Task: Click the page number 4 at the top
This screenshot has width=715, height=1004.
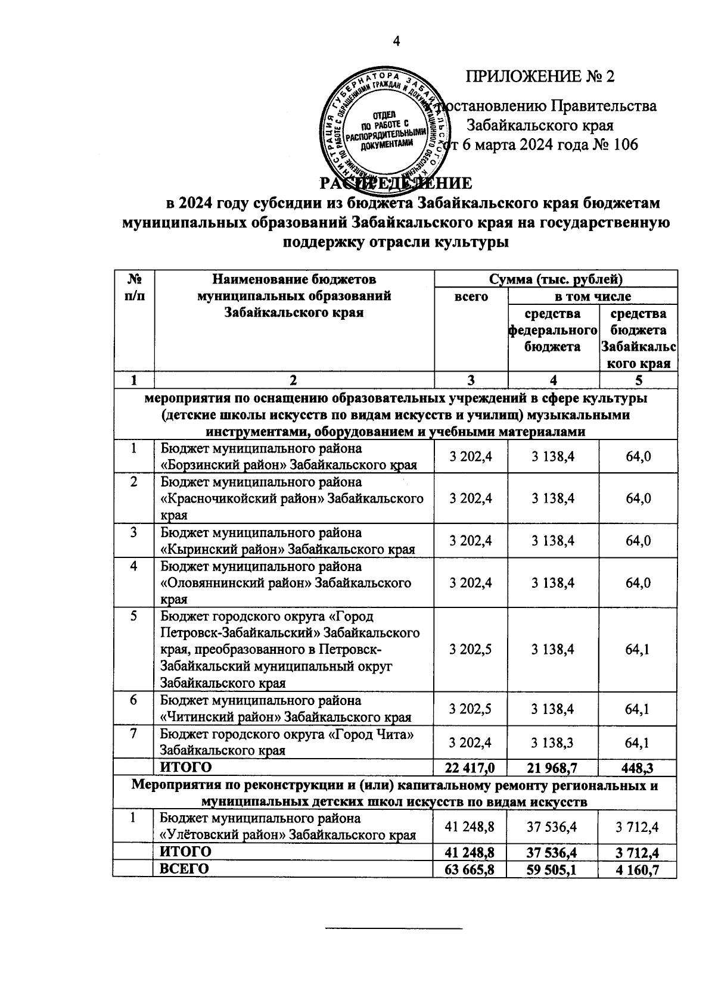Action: (396, 40)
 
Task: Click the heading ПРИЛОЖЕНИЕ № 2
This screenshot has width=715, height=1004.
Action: (539, 77)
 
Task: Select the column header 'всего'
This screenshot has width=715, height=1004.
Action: (471, 297)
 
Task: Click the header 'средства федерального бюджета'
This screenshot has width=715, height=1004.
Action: (552, 330)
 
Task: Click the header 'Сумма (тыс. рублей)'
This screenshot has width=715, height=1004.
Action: (555, 279)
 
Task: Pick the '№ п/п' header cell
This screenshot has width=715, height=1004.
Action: (133, 287)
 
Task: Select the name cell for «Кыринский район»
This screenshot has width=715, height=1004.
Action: (288, 541)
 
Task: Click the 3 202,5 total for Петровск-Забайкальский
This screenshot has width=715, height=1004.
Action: (471, 649)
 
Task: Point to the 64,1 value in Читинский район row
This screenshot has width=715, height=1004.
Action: (638, 709)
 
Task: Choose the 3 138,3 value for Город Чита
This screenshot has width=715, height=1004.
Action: (553, 743)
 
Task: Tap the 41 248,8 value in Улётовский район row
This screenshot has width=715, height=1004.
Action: (471, 827)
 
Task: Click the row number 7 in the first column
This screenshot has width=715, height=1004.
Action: (133, 734)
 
